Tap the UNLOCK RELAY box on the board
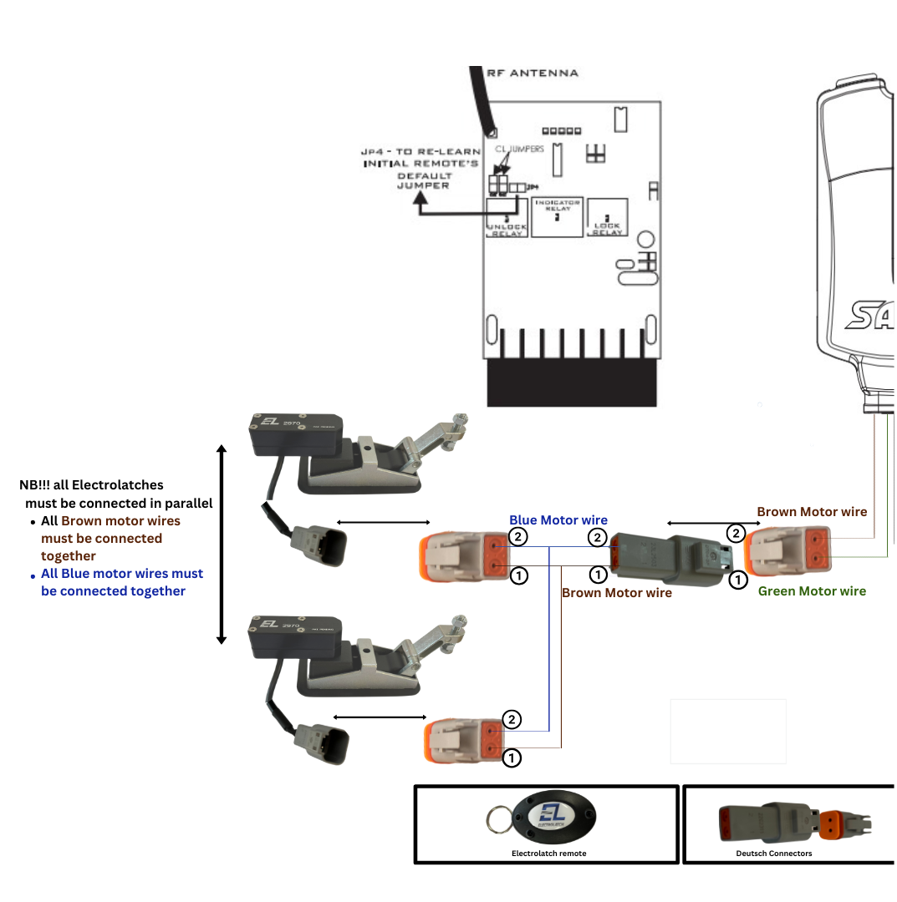[507, 218]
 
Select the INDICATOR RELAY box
[557, 217]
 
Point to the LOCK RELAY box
[607, 218]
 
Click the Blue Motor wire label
[558, 520]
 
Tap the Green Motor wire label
[812, 591]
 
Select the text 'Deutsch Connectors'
[773, 854]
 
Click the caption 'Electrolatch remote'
[548, 854]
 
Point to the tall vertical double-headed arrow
[222, 545]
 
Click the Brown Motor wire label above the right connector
[812, 512]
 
